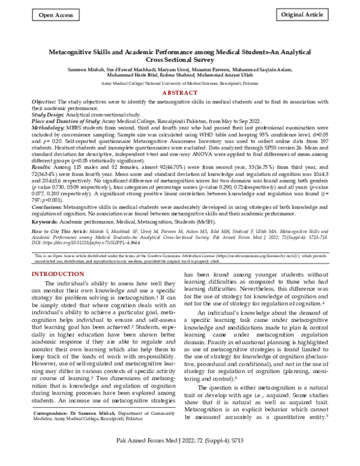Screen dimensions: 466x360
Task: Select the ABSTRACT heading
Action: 179,94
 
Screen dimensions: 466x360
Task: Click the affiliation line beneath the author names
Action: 179,85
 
